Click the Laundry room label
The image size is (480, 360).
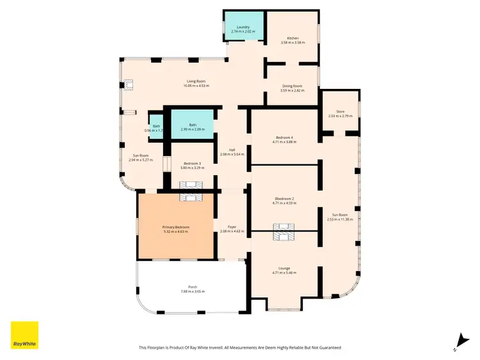[243, 27]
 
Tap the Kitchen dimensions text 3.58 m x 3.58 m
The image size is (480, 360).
[292, 43]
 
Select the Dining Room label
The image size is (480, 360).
[292, 86]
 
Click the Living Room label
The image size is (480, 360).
[196, 81]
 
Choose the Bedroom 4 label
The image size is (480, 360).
[284, 137]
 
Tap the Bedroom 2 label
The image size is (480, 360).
[284, 199]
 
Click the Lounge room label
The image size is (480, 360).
[284, 268]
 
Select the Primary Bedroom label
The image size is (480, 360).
[175, 226]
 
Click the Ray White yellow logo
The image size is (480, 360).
[24, 335]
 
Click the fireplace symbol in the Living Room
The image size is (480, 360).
[129, 84]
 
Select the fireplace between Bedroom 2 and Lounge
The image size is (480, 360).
[284, 231]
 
